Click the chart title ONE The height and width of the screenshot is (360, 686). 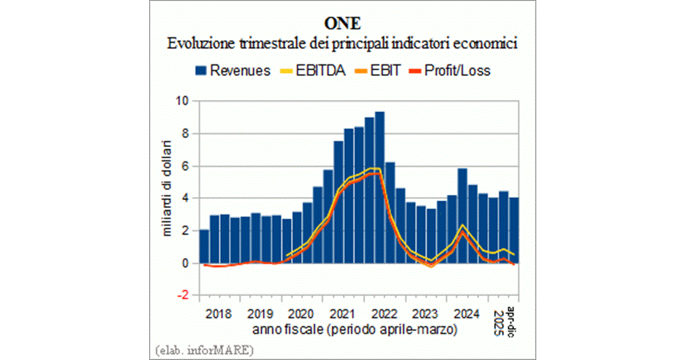click(343, 24)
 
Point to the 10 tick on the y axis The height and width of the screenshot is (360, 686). click(182, 102)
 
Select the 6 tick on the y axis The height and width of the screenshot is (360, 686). click(185, 166)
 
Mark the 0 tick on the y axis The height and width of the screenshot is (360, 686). click(185, 263)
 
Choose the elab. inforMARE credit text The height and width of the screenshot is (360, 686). click(204, 348)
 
